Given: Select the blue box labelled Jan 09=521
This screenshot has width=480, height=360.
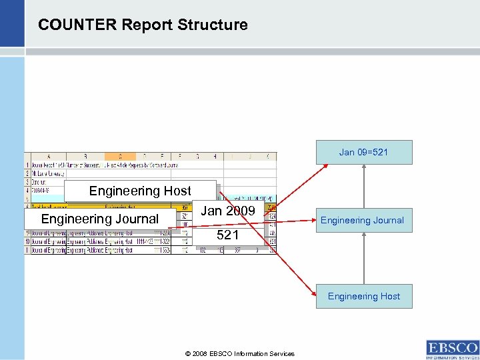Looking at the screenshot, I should (x=363, y=152).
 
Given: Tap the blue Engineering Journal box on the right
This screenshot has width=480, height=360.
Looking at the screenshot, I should (x=363, y=220).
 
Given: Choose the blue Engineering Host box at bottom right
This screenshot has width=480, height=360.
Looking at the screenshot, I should (x=363, y=296).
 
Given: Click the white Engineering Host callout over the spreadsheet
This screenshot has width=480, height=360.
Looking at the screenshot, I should (x=140, y=191).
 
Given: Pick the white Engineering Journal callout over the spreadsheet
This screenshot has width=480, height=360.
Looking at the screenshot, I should (x=100, y=219).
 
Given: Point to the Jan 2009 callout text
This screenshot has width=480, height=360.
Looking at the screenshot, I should (x=227, y=211).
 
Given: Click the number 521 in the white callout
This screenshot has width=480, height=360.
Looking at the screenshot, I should (x=227, y=235).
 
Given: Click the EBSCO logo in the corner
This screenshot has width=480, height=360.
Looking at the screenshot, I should (x=452, y=349).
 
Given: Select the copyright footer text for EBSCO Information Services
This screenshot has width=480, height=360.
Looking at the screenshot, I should (x=241, y=353).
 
